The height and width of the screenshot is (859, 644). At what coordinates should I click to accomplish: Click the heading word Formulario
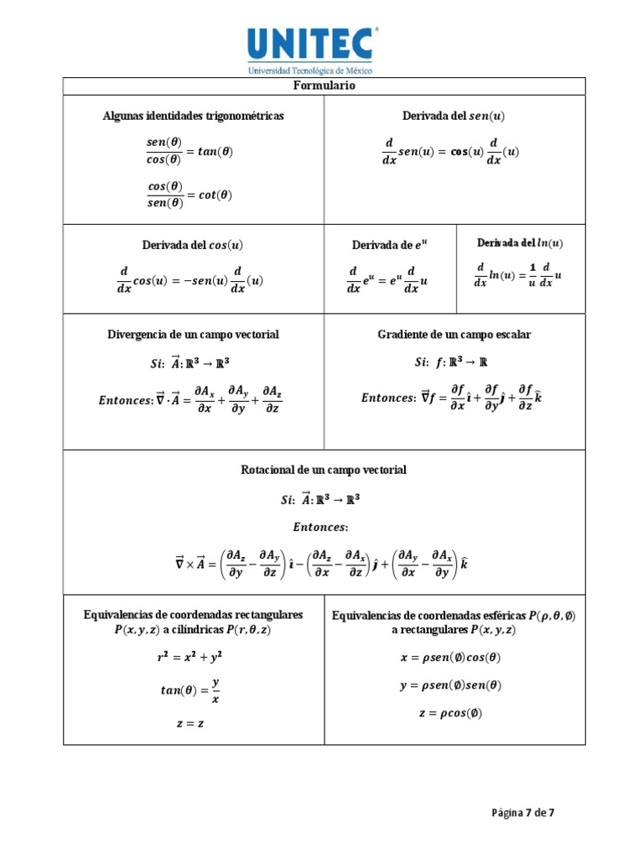(324, 86)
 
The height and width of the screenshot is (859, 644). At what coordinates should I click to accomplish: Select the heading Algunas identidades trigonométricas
(193, 116)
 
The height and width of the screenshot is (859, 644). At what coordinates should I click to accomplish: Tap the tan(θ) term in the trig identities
(214, 152)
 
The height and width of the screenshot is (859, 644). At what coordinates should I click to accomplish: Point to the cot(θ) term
(214, 195)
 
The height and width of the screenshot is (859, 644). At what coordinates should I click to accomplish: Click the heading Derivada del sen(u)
(454, 116)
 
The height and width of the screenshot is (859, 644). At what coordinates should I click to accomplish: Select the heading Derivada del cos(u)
(193, 245)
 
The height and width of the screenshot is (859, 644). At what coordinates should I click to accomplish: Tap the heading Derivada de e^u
(389, 246)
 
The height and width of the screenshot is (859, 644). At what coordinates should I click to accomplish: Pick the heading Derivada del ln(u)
(520, 243)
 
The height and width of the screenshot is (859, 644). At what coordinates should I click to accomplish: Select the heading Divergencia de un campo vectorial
(193, 335)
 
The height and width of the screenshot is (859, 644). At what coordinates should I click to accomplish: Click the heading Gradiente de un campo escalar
(454, 335)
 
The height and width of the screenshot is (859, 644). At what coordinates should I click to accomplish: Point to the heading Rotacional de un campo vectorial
(324, 471)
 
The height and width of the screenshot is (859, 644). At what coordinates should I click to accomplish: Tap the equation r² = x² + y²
(190, 659)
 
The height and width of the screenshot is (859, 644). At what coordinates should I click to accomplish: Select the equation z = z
(190, 723)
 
